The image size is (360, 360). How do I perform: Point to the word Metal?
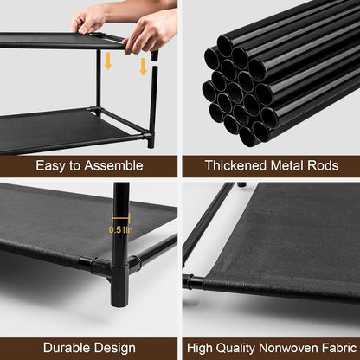[x=286, y=164]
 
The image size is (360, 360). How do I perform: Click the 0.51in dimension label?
[x=121, y=230]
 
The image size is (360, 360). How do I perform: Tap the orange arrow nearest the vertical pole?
[x=144, y=66]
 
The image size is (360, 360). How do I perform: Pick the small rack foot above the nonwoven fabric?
[x=242, y=184]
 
